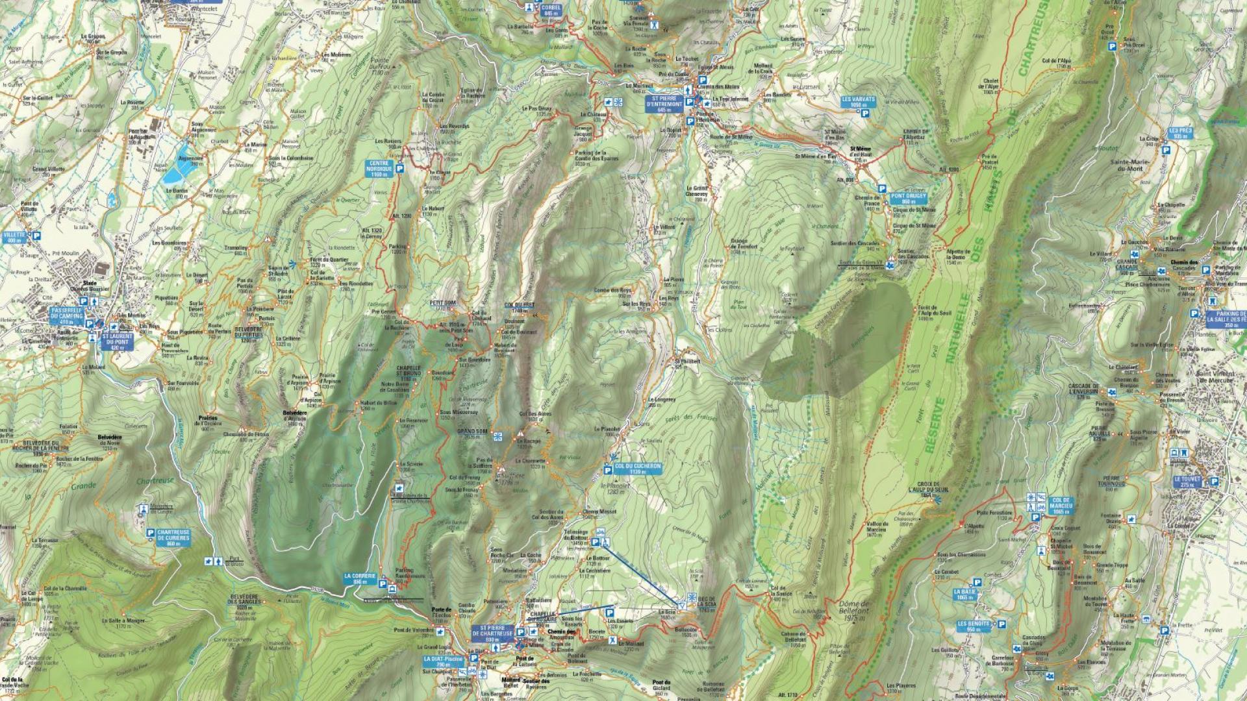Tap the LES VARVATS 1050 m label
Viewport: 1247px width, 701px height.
[x=859, y=101]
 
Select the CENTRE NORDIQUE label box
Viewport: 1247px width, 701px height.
[x=379, y=168]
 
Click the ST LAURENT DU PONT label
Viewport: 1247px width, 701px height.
[x=117, y=341]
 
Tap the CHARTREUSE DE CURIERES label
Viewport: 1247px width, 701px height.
[x=173, y=537]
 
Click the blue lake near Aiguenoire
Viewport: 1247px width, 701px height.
[x=177, y=169]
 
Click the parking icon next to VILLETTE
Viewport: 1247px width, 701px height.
[x=37, y=236]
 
